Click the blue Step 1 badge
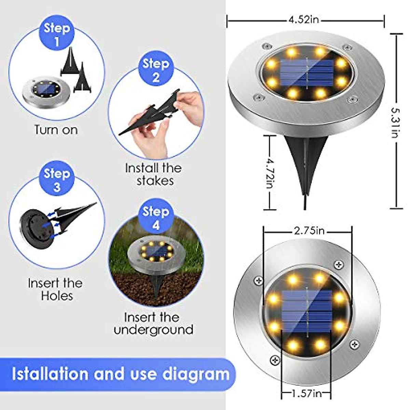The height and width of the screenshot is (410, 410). pyautogui.click(x=57, y=34)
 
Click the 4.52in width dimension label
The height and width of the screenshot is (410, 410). pyautogui.click(x=304, y=20)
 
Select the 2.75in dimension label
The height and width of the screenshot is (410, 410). pyautogui.click(x=309, y=231)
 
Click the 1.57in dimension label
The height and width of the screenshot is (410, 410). pyautogui.click(x=306, y=394)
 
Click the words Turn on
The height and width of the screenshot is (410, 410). pyautogui.click(x=56, y=130)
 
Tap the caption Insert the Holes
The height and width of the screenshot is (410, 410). pyautogui.click(x=55, y=289)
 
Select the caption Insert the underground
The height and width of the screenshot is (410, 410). pyautogui.click(x=153, y=324)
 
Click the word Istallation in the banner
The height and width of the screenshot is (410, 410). pyautogui.click(x=50, y=374)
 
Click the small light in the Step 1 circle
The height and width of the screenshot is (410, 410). pyautogui.click(x=46, y=91)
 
